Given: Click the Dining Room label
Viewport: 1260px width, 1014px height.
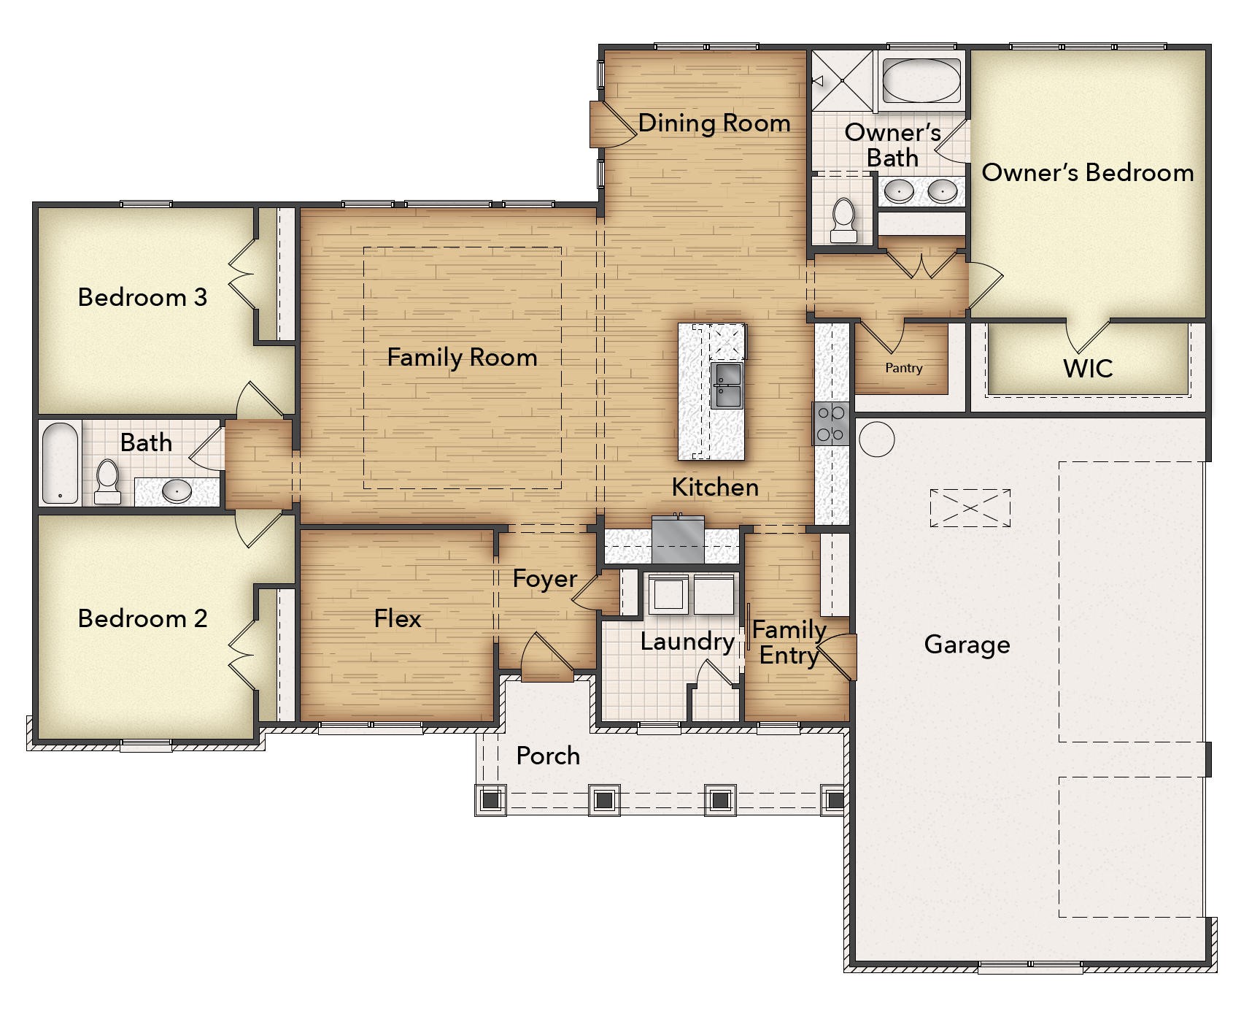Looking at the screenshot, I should pyautogui.click(x=714, y=123).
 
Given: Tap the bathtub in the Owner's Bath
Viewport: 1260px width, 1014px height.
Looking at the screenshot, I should pyautogui.click(x=921, y=80).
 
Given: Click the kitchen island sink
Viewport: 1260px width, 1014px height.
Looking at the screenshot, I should pyautogui.click(x=726, y=385).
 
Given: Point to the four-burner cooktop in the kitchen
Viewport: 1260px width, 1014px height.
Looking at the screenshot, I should pyautogui.click(x=831, y=423).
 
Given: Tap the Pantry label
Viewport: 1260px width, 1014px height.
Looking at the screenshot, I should pyautogui.click(x=903, y=368).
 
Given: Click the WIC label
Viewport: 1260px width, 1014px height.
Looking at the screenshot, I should pyautogui.click(x=1087, y=368).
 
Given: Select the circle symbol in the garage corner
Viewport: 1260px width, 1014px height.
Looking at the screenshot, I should pyautogui.click(x=876, y=440).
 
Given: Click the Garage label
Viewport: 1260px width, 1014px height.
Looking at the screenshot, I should pyautogui.click(x=967, y=645).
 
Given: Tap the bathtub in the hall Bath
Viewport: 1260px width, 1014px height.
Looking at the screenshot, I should pyautogui.click(x=60, y=463).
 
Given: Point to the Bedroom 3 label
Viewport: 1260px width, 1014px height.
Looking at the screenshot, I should pyautogui.click(x=142, y=297).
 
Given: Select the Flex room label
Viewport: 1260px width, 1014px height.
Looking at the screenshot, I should pyautogui.click(x=398, y=618).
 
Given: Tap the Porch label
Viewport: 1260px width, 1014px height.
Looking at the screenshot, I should pyautogui.click(x=548, y=756).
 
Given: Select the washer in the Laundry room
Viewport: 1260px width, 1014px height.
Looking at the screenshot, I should pyautogui.click(x=667, y=594).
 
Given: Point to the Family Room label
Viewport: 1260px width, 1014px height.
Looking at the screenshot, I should pyautogui.click(x=462, y=357).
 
